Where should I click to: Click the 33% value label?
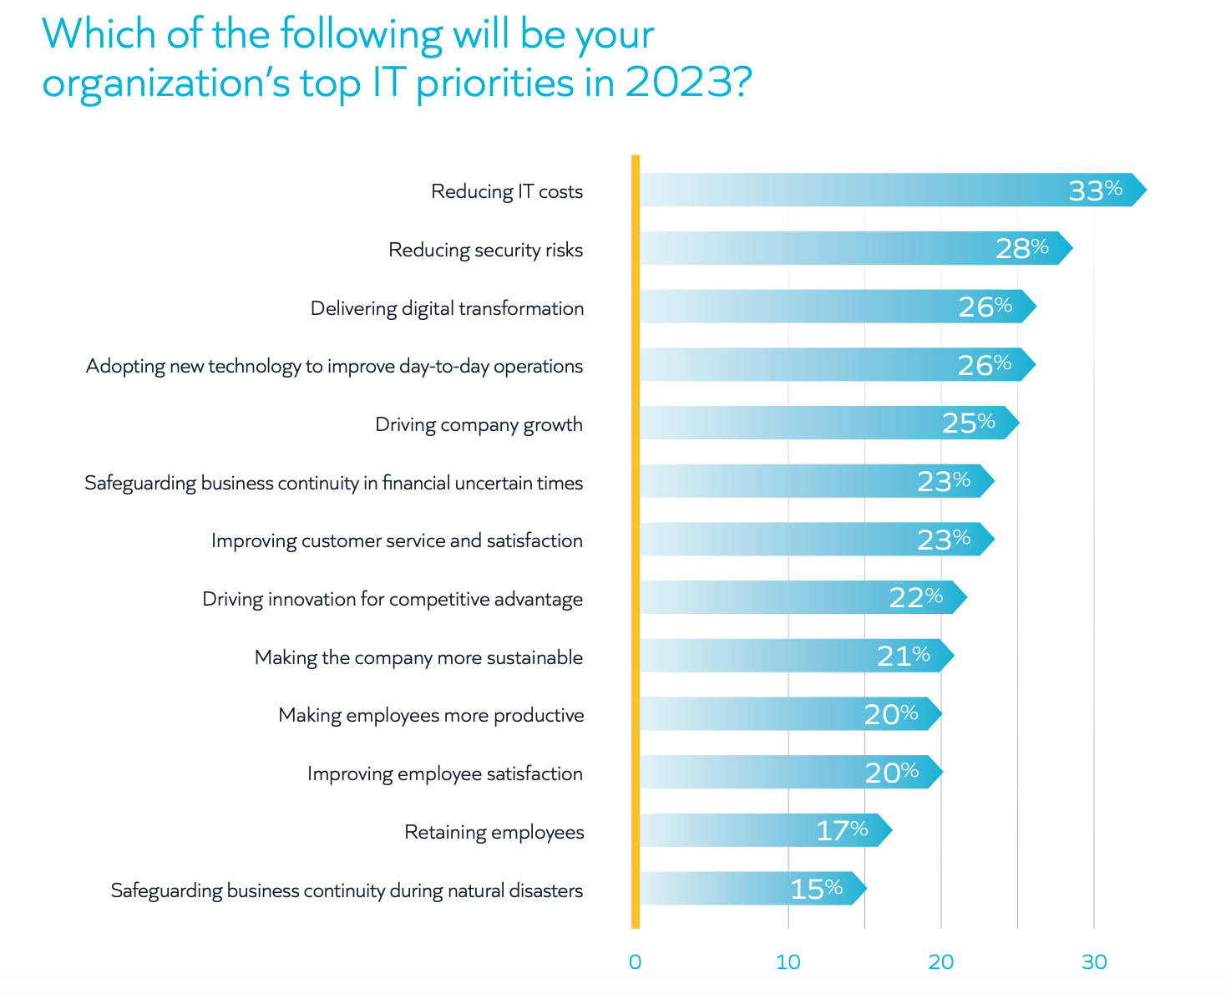1095,190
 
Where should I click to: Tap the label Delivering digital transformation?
447,308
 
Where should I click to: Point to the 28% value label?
1021,248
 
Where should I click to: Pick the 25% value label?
968,423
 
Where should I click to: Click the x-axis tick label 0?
635,962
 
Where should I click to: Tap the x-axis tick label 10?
788,962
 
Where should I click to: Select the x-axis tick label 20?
940,962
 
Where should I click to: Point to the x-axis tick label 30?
1093,962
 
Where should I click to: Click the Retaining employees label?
494,832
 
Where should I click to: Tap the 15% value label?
816,889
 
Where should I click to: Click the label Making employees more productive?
431,715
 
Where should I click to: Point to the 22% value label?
915,597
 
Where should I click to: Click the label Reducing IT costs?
507,191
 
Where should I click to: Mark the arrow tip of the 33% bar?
1144,190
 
